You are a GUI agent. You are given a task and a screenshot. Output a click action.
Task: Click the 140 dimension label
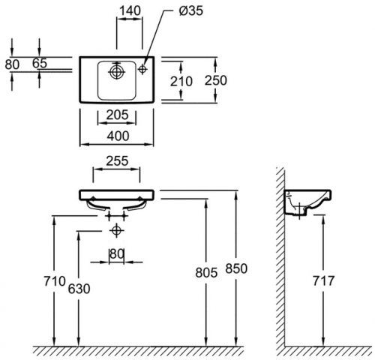(130, 10)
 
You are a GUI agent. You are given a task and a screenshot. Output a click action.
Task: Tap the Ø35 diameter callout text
(191, 11)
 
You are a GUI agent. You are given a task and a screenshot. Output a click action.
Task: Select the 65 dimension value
(40, 64)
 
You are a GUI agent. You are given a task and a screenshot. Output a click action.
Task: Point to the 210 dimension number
(181, 82)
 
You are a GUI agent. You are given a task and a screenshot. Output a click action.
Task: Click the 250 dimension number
(216, 80)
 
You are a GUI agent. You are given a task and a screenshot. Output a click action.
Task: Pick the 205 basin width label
(117, 115)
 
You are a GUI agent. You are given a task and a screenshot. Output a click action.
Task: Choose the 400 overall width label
(118, 136)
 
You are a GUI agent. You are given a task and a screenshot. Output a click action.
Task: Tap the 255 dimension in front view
(117, 161)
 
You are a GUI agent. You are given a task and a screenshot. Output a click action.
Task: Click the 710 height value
(55, 281)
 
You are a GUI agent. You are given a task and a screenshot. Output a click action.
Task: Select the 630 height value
(79, 289)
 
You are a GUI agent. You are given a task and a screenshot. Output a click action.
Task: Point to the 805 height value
(206, 272)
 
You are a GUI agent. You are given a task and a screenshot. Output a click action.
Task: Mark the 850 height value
(236, 268)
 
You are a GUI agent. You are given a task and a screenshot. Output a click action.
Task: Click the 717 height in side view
(323, 281)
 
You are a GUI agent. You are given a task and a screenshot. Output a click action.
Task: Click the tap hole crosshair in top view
(142, 69)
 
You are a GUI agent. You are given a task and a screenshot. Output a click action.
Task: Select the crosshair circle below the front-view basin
(116, 230)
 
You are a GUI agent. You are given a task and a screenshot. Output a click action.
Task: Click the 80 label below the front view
(117, 254)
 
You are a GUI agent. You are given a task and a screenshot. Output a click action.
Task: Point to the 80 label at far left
(12, 64)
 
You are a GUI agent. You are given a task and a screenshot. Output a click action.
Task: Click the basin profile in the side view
(307, 203)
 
